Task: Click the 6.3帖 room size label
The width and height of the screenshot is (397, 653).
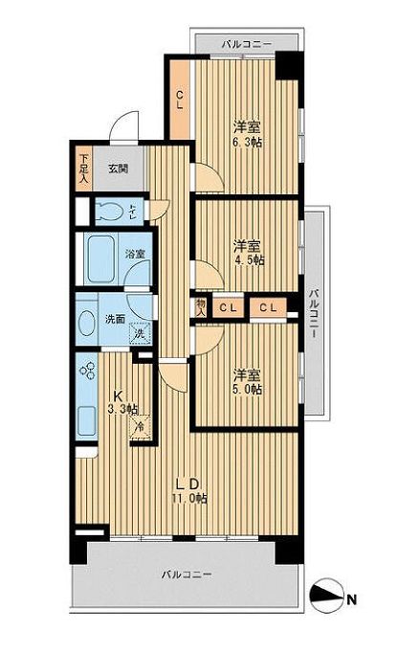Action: coord(247,134)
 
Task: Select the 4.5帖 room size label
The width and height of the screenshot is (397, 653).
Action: coord(249,252)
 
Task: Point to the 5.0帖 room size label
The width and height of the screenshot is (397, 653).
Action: coord(247,381)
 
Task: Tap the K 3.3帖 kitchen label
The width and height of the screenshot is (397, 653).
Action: coord(121,403)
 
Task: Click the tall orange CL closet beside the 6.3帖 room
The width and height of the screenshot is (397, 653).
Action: coord(179,99)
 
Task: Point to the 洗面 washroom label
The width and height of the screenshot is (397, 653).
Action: coord(116,319)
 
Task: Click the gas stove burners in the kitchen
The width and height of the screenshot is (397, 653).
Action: coord(89,370)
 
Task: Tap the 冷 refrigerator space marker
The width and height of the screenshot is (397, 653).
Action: coord(140,427)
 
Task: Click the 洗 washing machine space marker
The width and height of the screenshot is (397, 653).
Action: coord(140,334)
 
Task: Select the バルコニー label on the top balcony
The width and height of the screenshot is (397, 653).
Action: coord(246,43)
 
